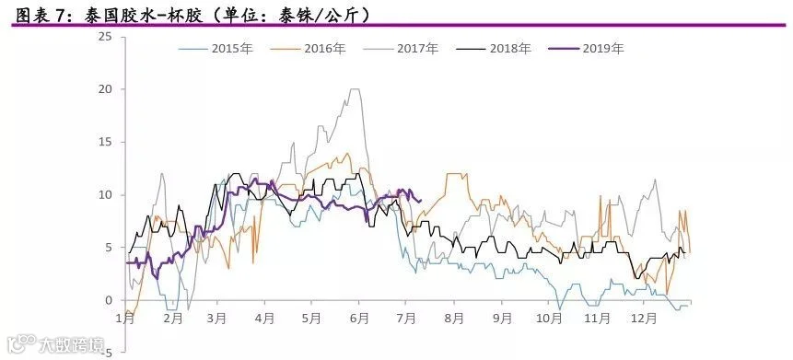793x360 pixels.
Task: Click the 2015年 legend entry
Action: point(215,49)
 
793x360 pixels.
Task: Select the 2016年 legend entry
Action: point(308,49)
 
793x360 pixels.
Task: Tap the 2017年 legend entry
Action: point(401,49)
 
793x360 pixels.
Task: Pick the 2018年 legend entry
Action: point(494,49)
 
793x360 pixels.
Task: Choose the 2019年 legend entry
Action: point(586,49)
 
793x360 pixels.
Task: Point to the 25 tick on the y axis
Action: point(106,37)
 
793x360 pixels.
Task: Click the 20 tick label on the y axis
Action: point(106,89)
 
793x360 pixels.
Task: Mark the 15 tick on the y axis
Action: point(106,142)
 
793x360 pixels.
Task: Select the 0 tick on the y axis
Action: point(109,300)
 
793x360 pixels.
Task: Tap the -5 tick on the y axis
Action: point(107,353)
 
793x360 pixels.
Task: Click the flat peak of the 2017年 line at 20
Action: point(355,89)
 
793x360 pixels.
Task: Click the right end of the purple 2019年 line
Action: point(421,201)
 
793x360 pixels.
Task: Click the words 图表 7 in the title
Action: point(41,17)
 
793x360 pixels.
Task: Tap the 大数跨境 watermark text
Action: point(72,345)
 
